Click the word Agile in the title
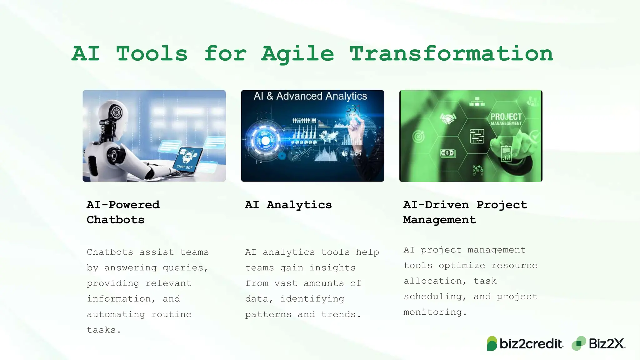(297, 54)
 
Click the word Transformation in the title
(451, 54)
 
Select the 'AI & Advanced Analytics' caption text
(310, 96)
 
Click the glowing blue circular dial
(265, 141)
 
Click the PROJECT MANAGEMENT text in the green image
(506, 119)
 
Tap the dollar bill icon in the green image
(447, 153)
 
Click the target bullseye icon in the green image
(418, 137)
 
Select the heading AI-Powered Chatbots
(123, 212)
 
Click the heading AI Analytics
(288, 205)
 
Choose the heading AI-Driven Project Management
(465, 212)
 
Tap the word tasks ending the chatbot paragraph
(101, 330)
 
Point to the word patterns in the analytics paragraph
(268, 314)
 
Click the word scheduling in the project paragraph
(432, 297)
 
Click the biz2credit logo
(525, 344)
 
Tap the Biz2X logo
(599, 344)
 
